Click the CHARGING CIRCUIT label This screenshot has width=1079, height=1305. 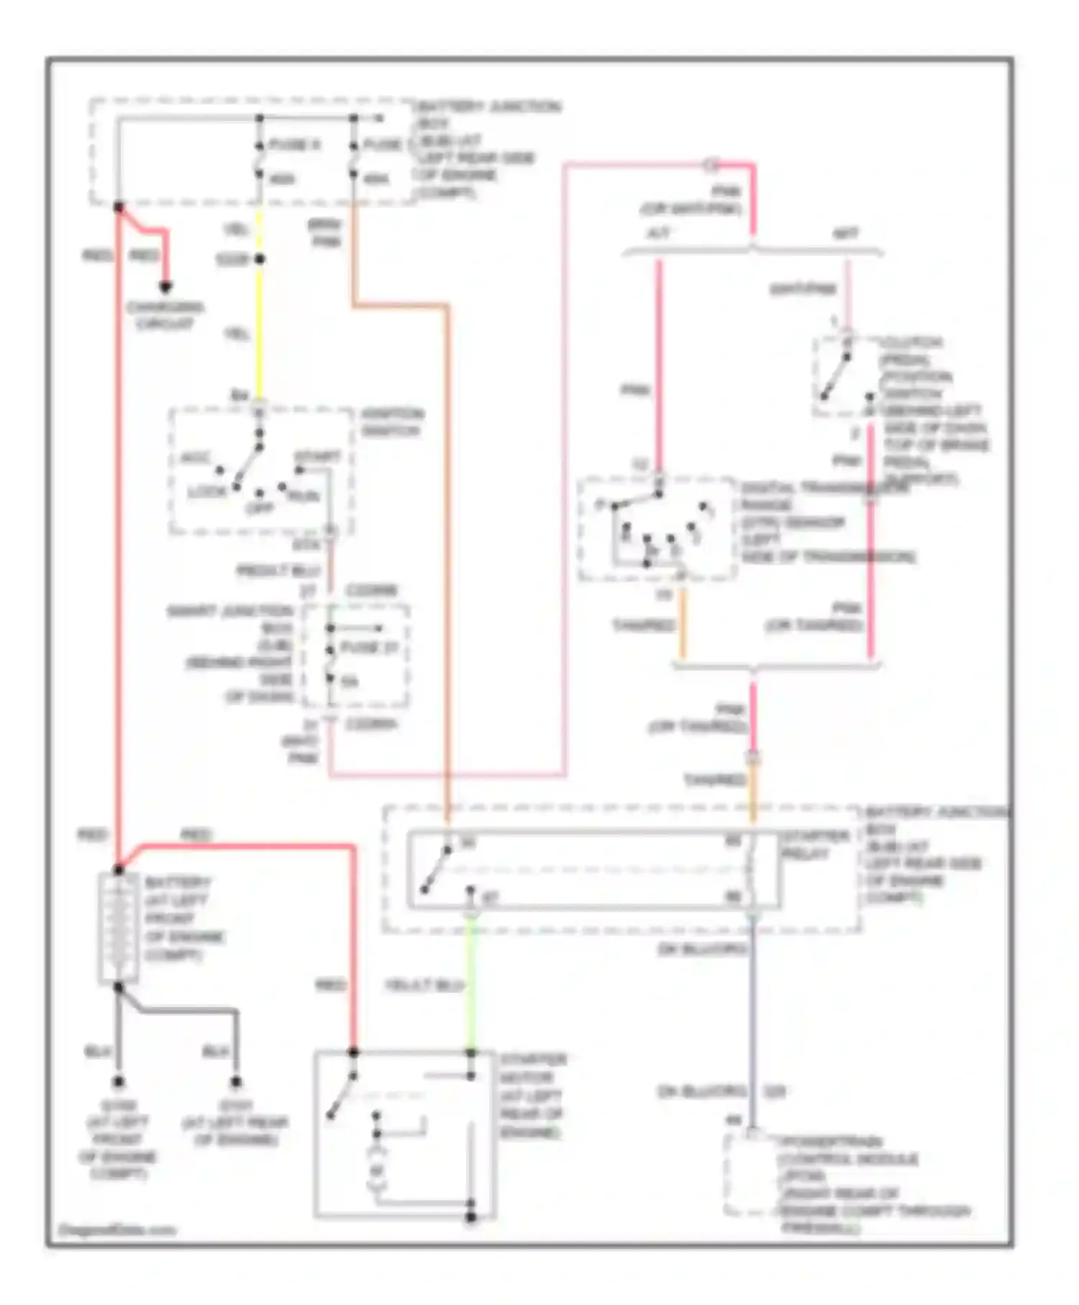pyautogui.click(x=165, y=315)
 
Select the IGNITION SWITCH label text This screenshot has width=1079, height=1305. pyautogui.click(x=392, y=422)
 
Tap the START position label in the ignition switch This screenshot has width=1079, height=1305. pyautogui.click(x=317, y=457)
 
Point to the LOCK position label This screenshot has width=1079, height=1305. pyautogui.click(x=206, y=492)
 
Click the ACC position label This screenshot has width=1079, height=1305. pyautogui.click(x=194, y=458)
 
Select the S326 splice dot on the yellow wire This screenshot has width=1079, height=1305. pyautogui.click(x=260, y=259)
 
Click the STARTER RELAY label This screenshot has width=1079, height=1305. pyautogui.click(x=806, y=845)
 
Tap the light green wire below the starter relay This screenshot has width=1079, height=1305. pyautogui.click(x=471, y=986)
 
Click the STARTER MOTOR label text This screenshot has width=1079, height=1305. pyautogui.click(x=532, y=1095)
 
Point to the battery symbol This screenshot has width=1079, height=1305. pyautogui.click(x=118, y=928)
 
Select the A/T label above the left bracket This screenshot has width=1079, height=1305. pyautogui.click(x=659, y=234)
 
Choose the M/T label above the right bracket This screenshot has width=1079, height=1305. pyautogui.click(x=846, y=234)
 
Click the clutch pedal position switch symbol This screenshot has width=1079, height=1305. pyautogui.click(x=842, y=374)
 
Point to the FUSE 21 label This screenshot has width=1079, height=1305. pyautogui.click(x=369, y=647)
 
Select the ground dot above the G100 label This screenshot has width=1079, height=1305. pyautogui.click(x=118, y=1081)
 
